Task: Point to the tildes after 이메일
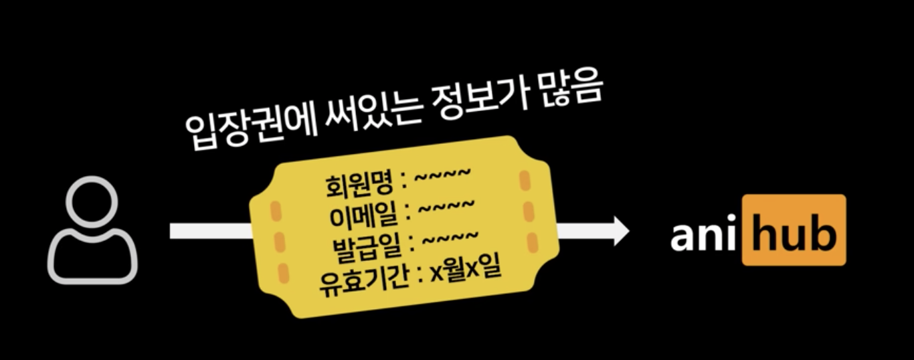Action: [447, 207]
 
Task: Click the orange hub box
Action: [794, 231]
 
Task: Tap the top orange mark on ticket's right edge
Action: [525, 179]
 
